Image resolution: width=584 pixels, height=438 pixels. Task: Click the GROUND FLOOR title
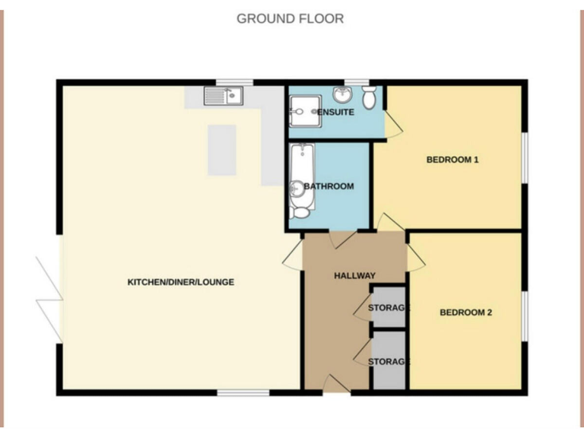coord(290,18)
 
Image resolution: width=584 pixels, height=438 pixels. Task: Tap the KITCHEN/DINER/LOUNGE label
coord(180,282)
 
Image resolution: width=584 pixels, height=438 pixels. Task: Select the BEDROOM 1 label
coord(452,160)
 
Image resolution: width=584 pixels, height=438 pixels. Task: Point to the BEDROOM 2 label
coord(465,312)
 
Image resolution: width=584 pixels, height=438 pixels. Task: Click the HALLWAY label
coord(354,275)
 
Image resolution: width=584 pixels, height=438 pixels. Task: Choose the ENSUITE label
coord(335,113)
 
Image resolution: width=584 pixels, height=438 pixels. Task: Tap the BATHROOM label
coord(328,186)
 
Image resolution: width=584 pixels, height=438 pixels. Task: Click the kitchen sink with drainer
coord(222,96)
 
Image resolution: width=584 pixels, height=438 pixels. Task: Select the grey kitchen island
coord(222,149)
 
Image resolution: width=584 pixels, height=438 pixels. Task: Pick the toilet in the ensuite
coord(370,97)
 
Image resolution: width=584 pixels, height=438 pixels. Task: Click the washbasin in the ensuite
coord(341,94)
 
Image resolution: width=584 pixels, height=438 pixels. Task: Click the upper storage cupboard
coord(389,307)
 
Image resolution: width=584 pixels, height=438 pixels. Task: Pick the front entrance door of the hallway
coord(335,384)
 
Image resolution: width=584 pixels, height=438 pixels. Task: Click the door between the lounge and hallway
coord(293,256)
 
